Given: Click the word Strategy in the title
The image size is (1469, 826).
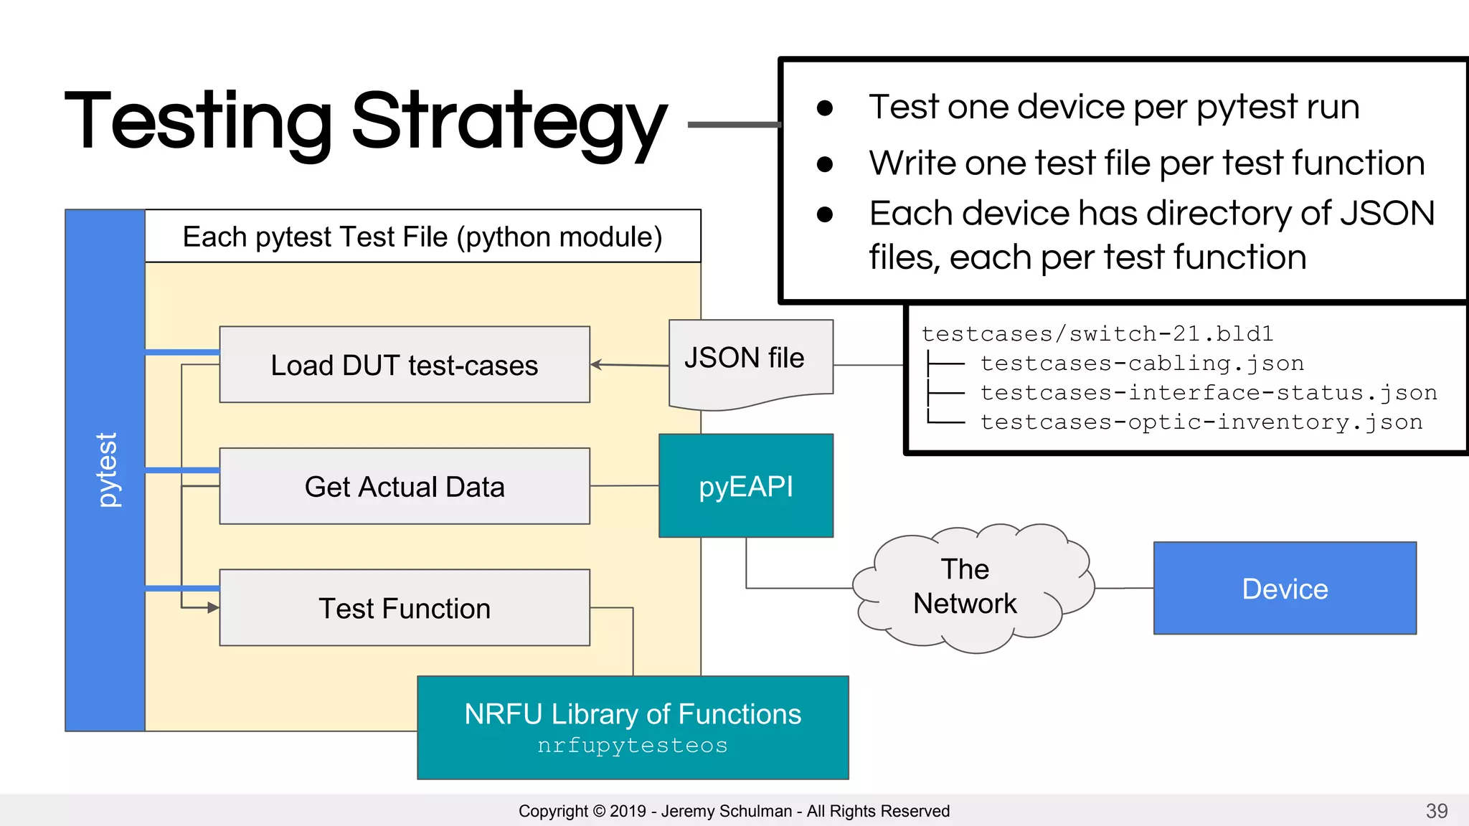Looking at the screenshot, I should coord(509,122).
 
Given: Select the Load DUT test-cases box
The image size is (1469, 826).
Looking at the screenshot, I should coord(405,365).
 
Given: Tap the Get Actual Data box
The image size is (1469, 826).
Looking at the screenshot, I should coord(405,486).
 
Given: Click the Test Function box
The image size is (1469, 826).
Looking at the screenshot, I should coord(405,608).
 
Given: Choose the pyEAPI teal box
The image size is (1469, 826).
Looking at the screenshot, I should coord(746,486).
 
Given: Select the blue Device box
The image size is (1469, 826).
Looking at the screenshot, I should coord(1285,589).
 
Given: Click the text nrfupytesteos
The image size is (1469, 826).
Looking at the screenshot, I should coord(633,746).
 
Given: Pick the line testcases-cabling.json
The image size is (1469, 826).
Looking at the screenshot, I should coord(1142,364).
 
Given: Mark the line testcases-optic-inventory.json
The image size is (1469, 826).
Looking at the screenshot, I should coord(1201,422).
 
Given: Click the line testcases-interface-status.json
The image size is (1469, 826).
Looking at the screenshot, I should coord(1209,393).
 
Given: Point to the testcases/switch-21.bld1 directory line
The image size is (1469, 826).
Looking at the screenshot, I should coord(1097,334).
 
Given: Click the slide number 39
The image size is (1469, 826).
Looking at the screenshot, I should coord(1437,811).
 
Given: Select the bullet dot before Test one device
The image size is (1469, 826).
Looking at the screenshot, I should coord(825,108).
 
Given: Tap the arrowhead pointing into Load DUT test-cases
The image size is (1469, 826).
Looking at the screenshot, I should coord(596,365).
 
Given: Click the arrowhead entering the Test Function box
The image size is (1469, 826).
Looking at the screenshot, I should coord(213,608).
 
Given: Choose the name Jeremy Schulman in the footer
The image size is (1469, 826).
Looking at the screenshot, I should coord(726,811).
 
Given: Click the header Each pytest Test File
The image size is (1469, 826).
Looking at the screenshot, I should coord(422,237).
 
